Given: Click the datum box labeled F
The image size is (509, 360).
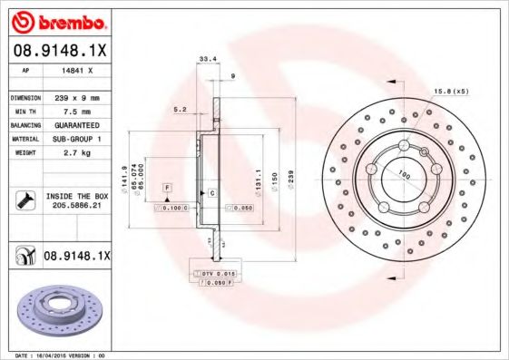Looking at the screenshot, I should pyautogui.click(x=167, y=187).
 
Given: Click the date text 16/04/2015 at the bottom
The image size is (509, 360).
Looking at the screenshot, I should pyautogui.click(x=53, y=355).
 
